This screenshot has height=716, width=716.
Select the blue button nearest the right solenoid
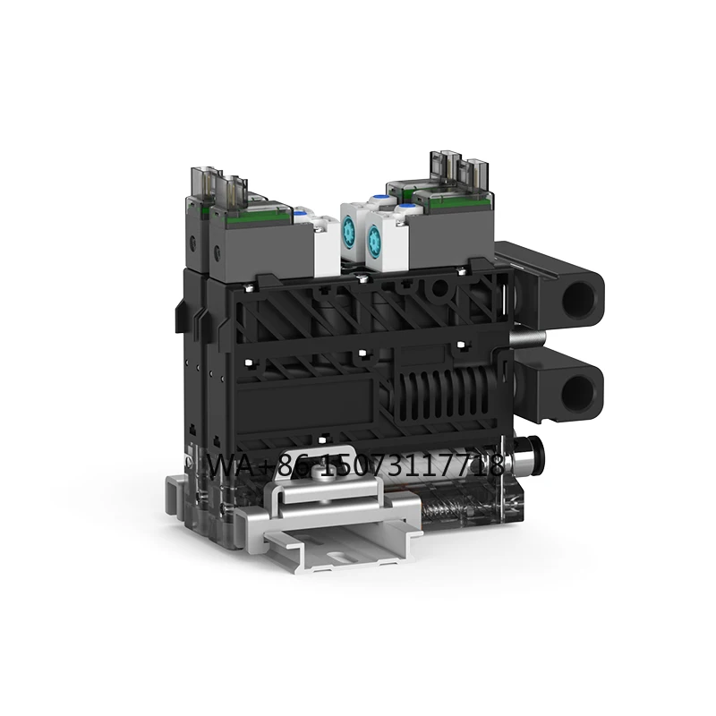405,209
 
